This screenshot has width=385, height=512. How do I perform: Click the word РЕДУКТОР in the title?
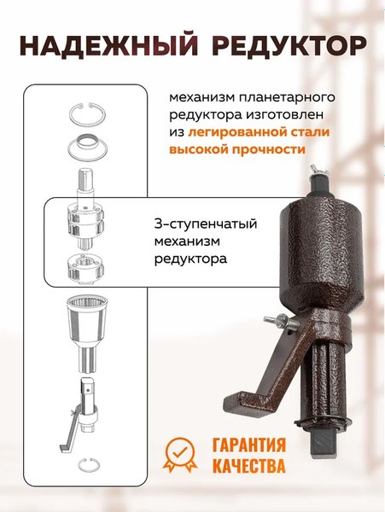pyautogui.click(x=286, y=45)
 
